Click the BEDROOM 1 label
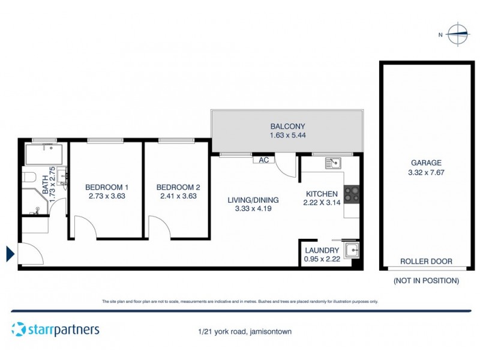point(105,186)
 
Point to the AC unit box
point(263,160)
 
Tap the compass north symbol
point(458,34)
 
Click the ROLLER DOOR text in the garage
point(427,262)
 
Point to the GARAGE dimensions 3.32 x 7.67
point(427,172)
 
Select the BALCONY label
point(287,127)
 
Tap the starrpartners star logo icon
point(19,329)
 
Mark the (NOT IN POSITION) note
point(426,280)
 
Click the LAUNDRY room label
point(322,250)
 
